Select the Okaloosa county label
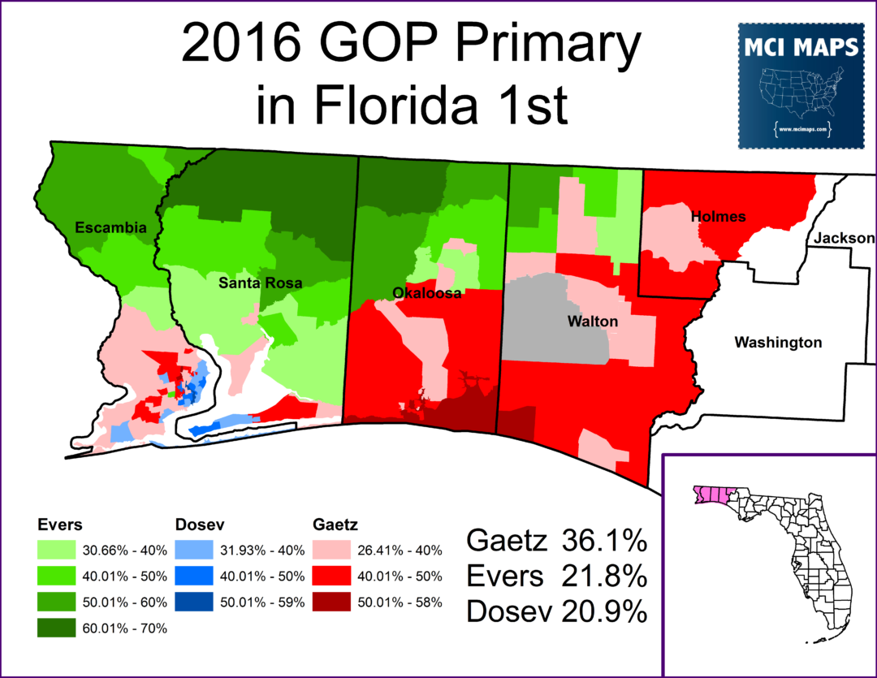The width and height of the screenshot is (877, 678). (x=426, y=293)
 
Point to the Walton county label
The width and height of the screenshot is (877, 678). (x=592, y=322)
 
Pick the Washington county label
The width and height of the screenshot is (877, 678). (x=778, y=343)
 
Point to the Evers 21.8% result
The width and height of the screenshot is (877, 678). (x=556, y=576)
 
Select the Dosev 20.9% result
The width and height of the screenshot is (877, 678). (x=556, y=611)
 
